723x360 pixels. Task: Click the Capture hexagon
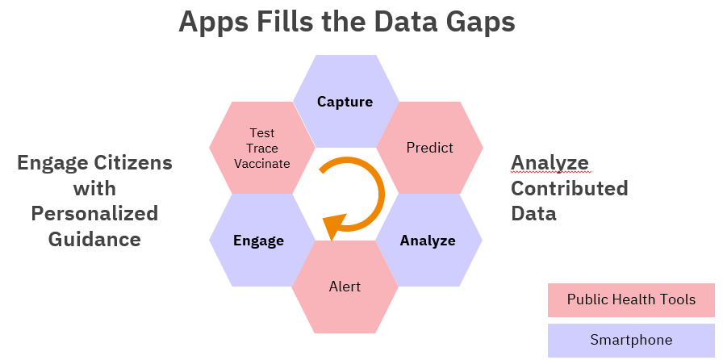346,101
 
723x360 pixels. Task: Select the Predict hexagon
430,148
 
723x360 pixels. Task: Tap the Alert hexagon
345,287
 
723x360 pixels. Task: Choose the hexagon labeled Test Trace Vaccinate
262,148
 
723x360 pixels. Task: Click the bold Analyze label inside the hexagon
428,241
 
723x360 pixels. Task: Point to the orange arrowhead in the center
335,227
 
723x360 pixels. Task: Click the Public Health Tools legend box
631,300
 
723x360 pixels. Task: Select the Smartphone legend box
631,340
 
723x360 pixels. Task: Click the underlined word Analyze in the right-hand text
550,163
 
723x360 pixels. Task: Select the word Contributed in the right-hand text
570,188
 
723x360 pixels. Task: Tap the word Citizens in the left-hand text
133,163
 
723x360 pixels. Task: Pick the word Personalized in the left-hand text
94,214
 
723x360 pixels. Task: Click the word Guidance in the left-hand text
94,239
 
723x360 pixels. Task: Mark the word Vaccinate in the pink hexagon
262,163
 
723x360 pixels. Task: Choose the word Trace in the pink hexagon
262,149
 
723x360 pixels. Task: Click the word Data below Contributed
533,214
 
